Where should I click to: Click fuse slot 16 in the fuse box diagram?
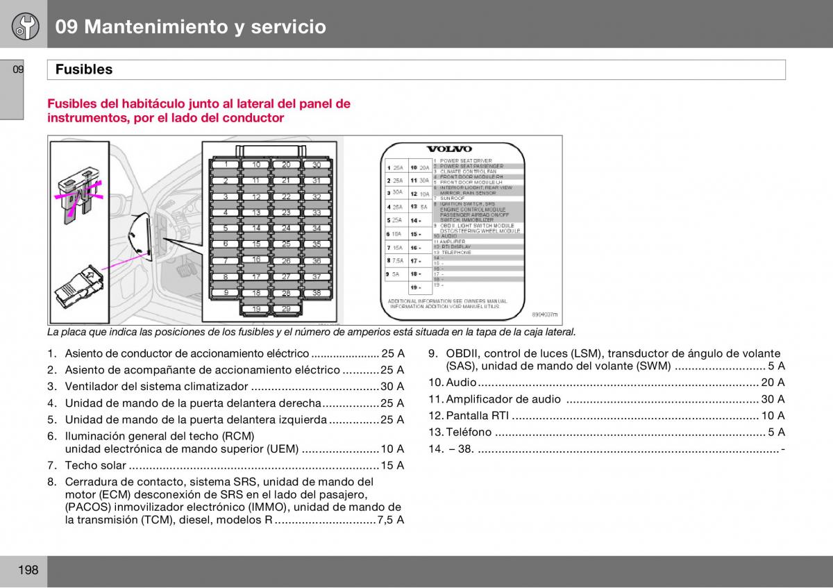[257, 260]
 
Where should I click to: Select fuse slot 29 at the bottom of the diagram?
[287, 309]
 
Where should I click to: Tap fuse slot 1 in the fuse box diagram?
[226, 165]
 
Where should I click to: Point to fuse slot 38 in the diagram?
[317, 293]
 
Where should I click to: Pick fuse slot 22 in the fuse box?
[287, 197]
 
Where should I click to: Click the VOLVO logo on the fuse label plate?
[448, 149]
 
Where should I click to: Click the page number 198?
[28, 571]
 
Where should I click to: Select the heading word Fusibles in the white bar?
[83, 69]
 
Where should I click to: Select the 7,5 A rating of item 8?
[391, 520]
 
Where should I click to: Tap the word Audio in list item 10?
[461, 383]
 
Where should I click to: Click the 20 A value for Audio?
[773, 383]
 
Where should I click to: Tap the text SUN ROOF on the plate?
[453, 199]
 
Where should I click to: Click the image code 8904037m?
[544, 314]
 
